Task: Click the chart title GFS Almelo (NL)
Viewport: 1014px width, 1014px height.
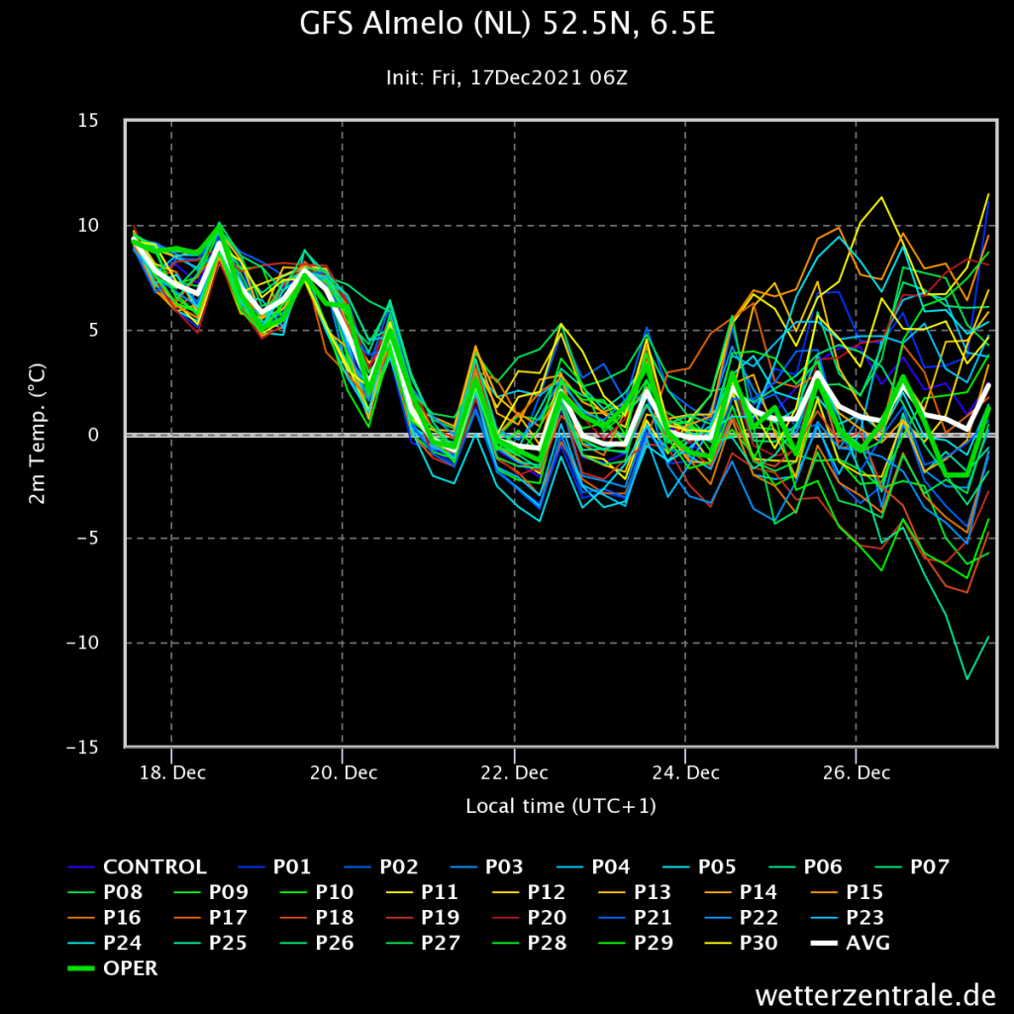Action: pyautogui.click(x=415, y=24)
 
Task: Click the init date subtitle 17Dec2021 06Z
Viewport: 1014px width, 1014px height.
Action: pyautogui.click(x=549, y=77)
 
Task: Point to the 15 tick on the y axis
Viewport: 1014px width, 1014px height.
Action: pyautogui.click(x=88, y=120)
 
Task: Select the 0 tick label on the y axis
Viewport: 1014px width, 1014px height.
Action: pyautogui.click(x=94, y=435)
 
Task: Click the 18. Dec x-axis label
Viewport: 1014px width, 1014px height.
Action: pyautogui.click(x=172, y=772)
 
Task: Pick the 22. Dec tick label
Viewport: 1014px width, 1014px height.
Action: pyautogui.click(x=515, y=772)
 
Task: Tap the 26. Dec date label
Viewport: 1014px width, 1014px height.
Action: pyautogui.click(x=857, y=772)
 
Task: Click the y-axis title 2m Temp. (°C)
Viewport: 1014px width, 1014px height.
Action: pyautogui.click(x=38, y=434)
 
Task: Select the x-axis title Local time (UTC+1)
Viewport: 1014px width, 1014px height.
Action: pyautogui.click(x=560, y=806)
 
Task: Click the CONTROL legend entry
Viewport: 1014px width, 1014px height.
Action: pyautogui.click(x=137, y=866)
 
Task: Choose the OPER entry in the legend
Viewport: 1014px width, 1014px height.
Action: pyautogui.click(x=113, y=968)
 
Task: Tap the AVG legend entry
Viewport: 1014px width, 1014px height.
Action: pyautogui.click(x=851, y=943)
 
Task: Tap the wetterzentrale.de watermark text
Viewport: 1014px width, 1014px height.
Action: pyautogui.click(x=875, y=994)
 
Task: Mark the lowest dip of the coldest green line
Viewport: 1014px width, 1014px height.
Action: pyautogui.click(x=967, y=679)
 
